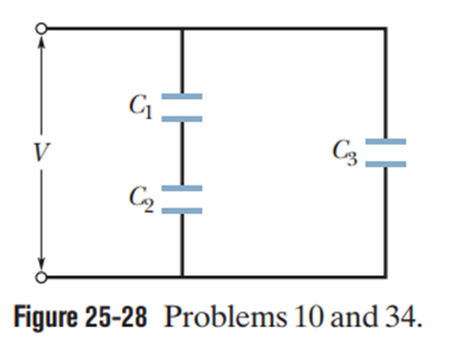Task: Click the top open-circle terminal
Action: pos(42,29)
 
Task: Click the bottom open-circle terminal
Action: pos(42,277)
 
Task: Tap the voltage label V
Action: pos(42,152)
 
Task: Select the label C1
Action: pos(141,106)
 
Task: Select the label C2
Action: pos(141,199)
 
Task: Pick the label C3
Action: pos(345,152)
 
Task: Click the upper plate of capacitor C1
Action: pos(182,97)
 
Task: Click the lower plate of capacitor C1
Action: pos(182,119)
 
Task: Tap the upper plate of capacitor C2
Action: pos(182,188)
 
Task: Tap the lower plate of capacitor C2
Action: pos(182,211)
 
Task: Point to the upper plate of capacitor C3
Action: pos(385,142)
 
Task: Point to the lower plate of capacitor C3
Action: pos(385,164)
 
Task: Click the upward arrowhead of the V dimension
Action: pos(42,41)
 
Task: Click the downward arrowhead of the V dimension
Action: pos(42,264)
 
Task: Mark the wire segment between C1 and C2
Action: pos(182,153)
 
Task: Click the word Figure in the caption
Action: pos(45,317)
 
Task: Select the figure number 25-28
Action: pos(116,317)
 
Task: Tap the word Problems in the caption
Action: pos(225,317)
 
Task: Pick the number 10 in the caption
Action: pos(309,317)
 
